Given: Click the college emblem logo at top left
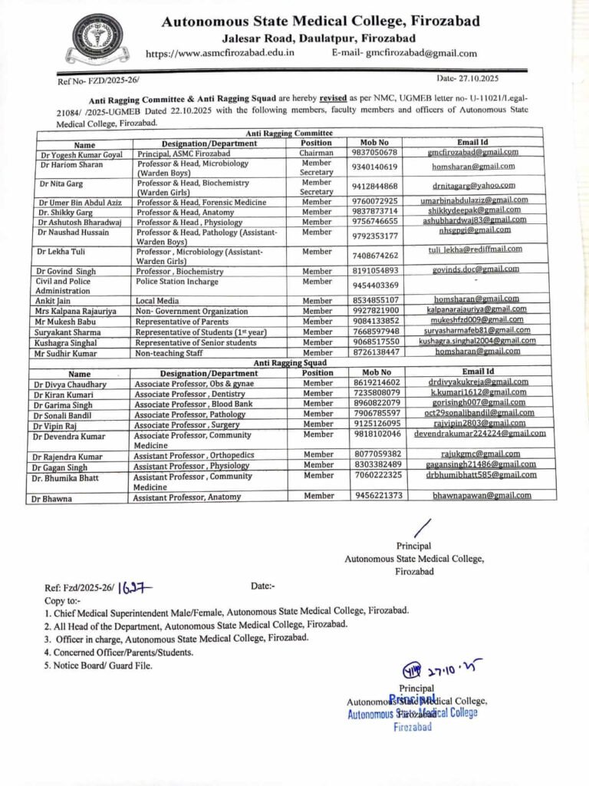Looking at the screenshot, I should point(97,37).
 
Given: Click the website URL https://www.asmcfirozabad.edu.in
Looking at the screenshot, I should point(220,53).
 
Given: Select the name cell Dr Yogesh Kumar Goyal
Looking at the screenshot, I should point(85,154).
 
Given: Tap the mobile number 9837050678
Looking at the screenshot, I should point(374,153).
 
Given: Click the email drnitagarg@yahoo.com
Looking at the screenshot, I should point(473,185).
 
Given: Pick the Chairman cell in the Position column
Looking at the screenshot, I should point(317,153).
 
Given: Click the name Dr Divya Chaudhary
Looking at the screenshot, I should point(70,384).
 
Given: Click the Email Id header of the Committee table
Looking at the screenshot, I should point(472,143).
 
